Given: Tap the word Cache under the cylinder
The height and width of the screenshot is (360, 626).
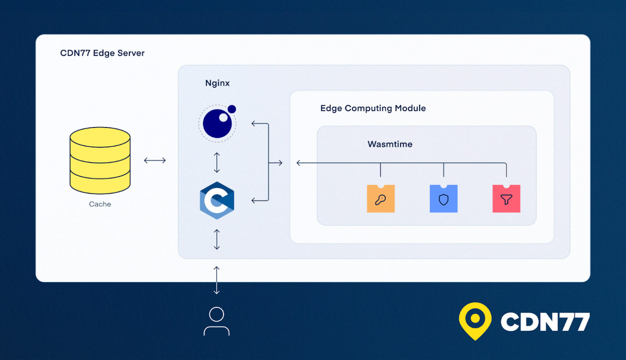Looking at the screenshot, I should [100, 204].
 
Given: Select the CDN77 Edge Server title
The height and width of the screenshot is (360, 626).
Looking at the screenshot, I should [102, 53].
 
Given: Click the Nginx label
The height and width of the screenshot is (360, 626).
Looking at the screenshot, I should [217, 83].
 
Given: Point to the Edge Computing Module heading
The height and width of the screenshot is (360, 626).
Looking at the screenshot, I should [373, 108].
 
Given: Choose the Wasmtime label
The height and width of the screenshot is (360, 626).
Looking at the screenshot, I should [390, 144].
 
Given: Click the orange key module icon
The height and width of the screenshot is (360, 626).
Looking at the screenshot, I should [381, 199].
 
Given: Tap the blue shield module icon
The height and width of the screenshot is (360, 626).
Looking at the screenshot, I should [443, 199].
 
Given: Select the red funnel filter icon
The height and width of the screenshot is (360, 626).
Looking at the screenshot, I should [506, 199].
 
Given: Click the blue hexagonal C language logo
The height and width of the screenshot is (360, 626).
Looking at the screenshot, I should [217, 200].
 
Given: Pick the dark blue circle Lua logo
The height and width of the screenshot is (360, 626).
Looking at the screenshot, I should [217, 123].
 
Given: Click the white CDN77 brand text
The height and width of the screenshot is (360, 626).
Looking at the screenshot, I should [545, 322].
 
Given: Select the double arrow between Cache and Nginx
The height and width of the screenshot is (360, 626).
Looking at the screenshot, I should [155, 160].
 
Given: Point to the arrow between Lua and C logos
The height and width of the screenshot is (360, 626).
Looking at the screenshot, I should [217, 162].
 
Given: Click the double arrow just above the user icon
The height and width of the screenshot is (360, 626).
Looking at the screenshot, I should [216, 280].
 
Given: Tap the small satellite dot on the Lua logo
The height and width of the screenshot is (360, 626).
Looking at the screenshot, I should [232, 109].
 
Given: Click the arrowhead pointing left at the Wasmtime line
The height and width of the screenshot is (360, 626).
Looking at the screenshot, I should [299, 163].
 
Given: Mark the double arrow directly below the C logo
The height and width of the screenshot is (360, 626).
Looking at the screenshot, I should [217, 239].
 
